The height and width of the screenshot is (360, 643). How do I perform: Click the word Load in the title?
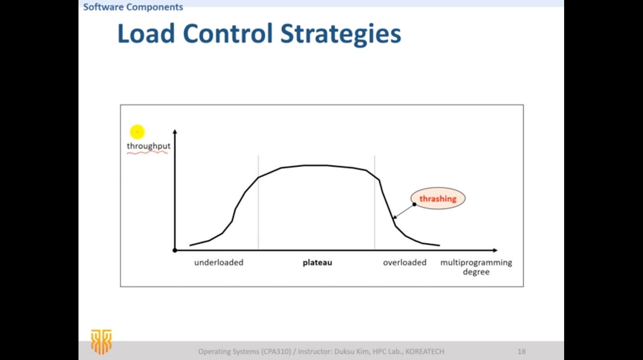tap(146, 33)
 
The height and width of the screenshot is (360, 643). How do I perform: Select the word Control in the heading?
tap(227, 33)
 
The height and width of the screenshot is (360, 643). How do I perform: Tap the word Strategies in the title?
tap(340, 35)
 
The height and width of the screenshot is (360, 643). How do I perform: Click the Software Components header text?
tap(133, 7)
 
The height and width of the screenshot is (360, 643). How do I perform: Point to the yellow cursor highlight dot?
tap(137, 132)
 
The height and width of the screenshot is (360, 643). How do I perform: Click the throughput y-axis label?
tap(149, 146)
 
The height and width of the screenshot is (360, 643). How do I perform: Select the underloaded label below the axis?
tap(219, 263)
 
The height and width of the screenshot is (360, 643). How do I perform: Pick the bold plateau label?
tap(317, 263)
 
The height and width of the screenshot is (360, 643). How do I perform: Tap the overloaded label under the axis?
tap(405, 263)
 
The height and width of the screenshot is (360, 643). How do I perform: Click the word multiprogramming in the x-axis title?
tap(476, 263)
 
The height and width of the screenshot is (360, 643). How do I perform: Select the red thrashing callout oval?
tap(438, 198)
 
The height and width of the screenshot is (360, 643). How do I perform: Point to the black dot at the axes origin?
tap(175, 250)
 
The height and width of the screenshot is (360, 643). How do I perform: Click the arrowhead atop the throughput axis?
tap(175, 132)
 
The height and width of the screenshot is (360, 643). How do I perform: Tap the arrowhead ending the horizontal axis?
tap(495, 250)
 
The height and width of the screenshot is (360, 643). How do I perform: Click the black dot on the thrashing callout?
tap(414, 204)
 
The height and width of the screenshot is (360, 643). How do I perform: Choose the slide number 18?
tap(521, 351)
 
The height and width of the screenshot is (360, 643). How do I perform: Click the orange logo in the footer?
tap(101, 342)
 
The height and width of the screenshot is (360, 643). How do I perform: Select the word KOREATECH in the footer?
tap(425, 351)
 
